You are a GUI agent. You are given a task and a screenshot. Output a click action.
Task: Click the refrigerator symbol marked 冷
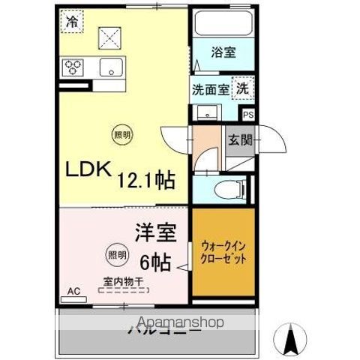pos(70,22)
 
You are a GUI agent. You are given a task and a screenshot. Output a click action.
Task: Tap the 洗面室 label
pos(209,90)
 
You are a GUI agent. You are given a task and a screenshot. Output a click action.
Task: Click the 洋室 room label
pos(155,232)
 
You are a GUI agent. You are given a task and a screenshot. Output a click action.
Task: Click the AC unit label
pos(73,291)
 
